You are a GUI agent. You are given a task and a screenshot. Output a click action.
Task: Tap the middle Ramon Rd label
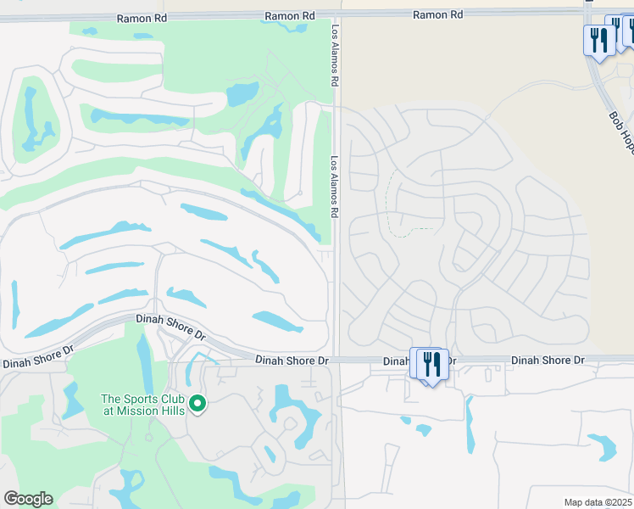coord(290,15)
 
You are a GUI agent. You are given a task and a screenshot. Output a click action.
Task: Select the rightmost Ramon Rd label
coord(437,14)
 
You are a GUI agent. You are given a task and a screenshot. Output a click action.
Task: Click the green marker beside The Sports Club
coord(197,403)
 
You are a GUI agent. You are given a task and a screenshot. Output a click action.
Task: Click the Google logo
coord(28,499)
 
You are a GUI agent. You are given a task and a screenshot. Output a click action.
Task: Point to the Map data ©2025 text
coord(597,502)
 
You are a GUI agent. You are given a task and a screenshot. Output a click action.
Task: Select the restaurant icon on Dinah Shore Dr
coord(433,365)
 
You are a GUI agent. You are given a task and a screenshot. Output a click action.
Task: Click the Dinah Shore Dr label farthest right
coord(548,361)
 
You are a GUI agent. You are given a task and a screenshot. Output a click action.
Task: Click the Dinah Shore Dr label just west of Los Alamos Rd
coord(292,361)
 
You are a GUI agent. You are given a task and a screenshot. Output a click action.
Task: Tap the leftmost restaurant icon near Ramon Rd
coord(598,40)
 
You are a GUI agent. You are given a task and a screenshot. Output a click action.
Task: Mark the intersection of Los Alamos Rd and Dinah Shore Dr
coord(336,360)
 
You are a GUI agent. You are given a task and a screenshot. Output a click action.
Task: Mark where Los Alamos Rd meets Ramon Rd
coord(336,14)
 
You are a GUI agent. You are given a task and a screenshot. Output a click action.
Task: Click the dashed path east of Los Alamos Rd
coord(392,204)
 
